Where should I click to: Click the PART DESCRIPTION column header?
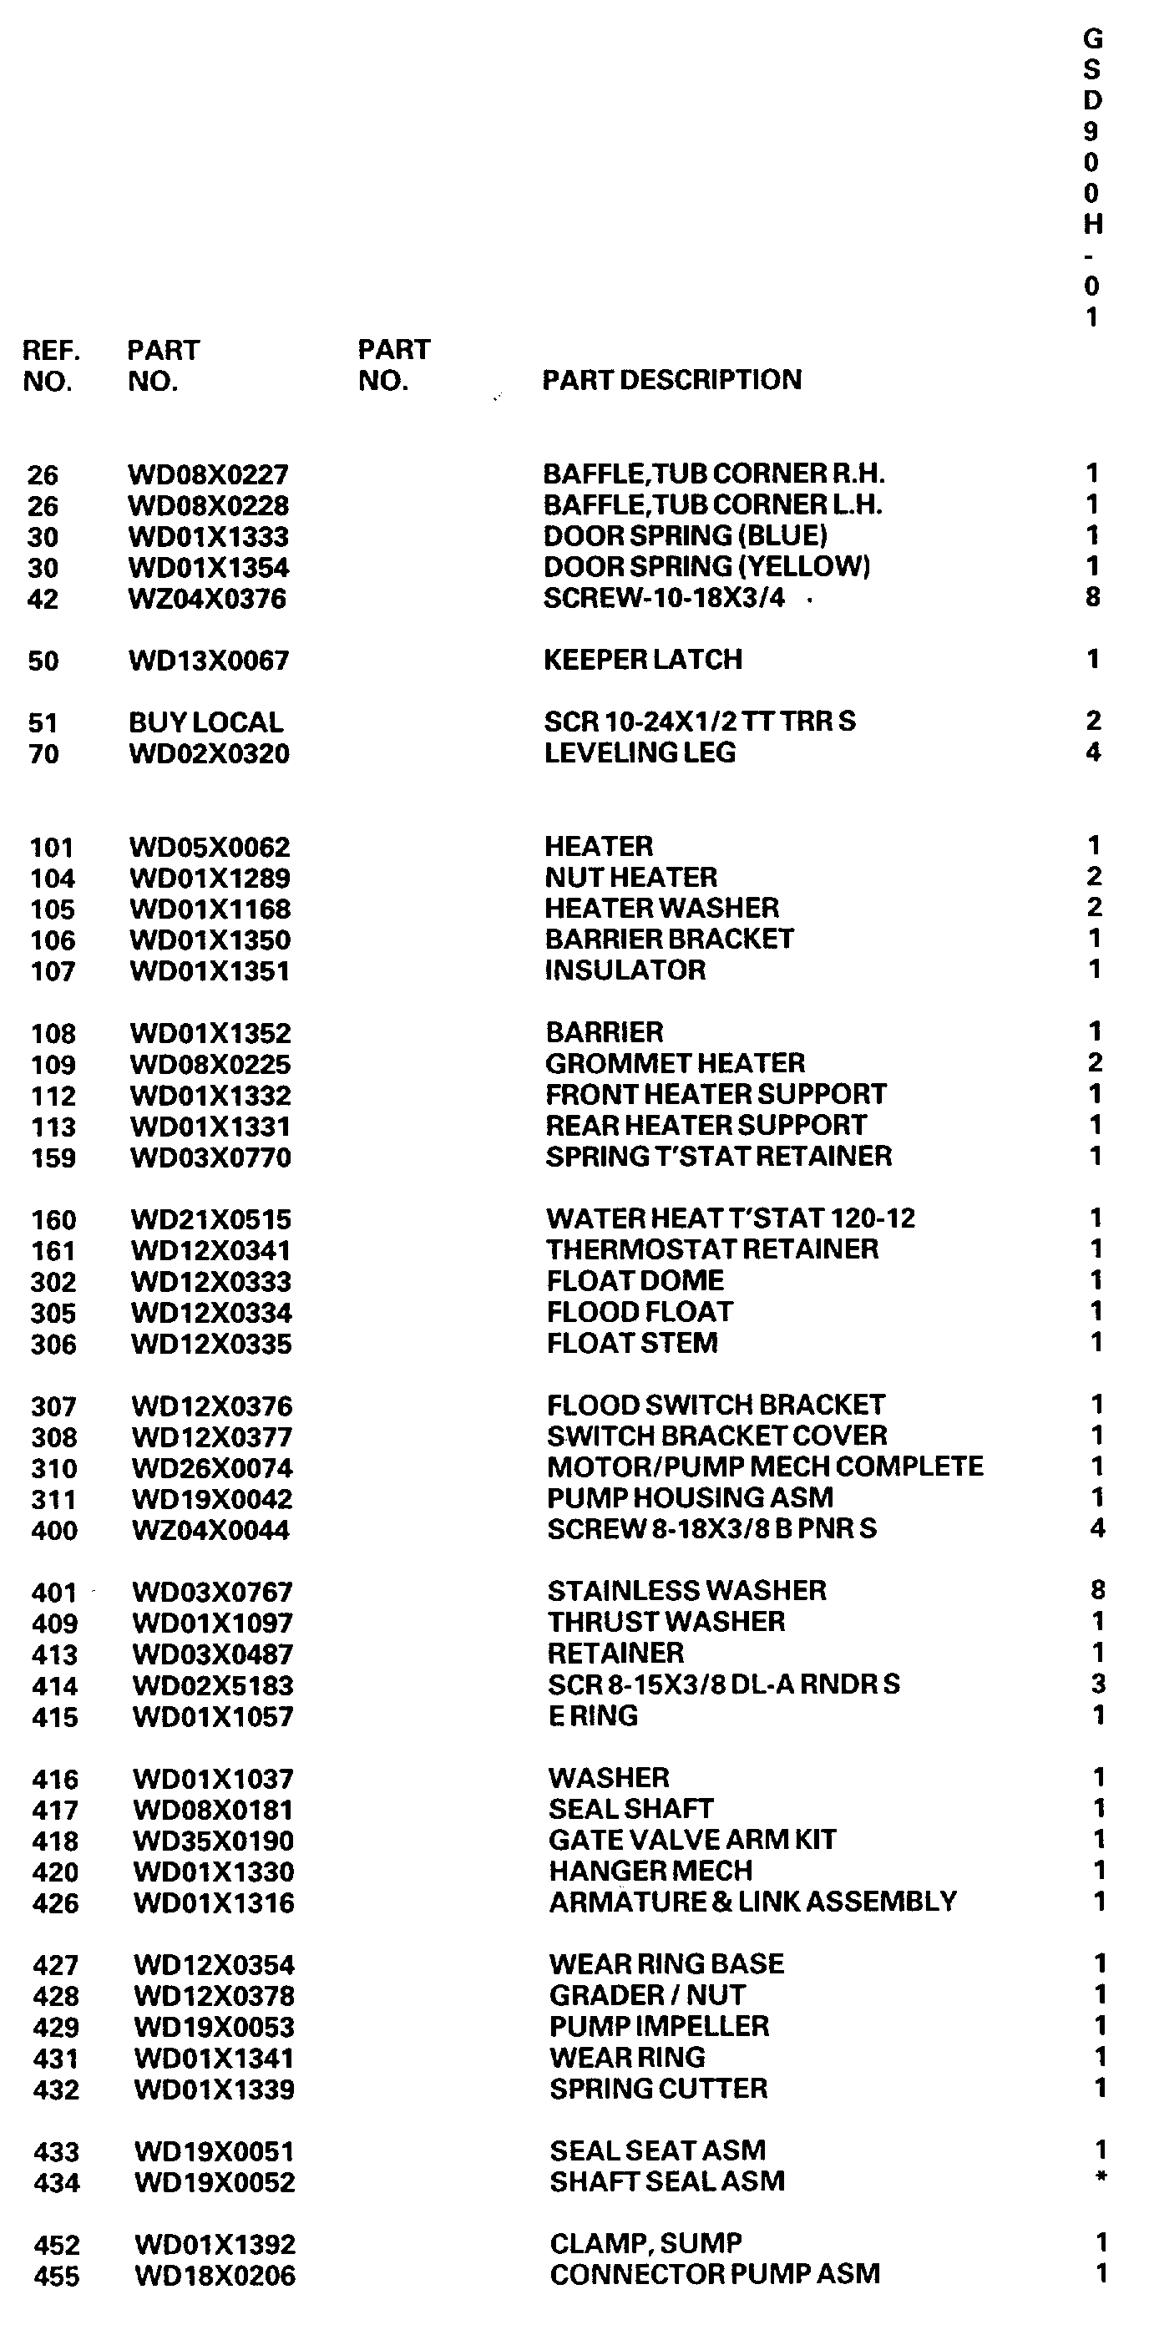tap(671, 380)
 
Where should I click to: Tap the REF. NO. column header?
tap(52, 366)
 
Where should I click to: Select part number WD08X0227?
tap(209, 474)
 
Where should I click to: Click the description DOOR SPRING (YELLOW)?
tap(706, 567)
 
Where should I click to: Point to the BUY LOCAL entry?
tap(205, 722)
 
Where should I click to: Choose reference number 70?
tap(43, 752)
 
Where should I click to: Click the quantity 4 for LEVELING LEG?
tap(1093, 752)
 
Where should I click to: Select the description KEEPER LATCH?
tap(643, 660)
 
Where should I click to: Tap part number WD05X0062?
tap(210, 848)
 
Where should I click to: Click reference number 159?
tap(53, 1158)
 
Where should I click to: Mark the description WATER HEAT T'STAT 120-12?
tap(730, 1218)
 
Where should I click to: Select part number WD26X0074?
tap(212, 1468)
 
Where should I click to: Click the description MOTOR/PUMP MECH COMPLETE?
tap(765, 1466)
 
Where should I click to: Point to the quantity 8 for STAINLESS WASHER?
tap(1097, 1589)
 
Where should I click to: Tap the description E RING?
tap(593, 1715)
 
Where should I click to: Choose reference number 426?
tap(55, 1903)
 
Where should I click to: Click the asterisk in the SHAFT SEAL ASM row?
tap(1101, 2177)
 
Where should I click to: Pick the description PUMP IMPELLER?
tap(659, 2026)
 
